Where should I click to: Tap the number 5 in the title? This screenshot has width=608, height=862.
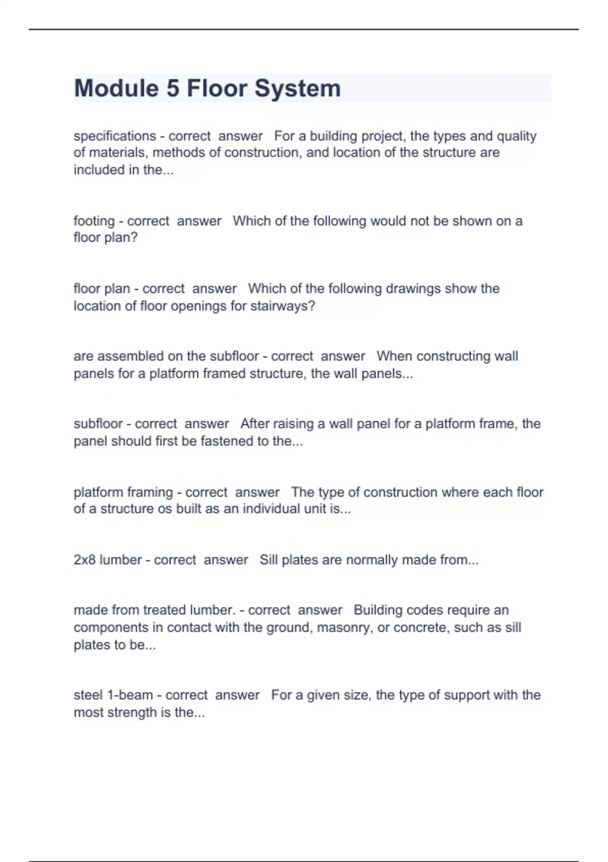(173, 88)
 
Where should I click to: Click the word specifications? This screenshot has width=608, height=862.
(115, 136)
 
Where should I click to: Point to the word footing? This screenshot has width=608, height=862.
(94, 221)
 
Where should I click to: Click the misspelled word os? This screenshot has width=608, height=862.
(165, 509)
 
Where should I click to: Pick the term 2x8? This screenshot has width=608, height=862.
(85, 560)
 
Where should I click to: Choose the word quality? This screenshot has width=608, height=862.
(516, 136)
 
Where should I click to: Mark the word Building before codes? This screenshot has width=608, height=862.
(378, 609)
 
